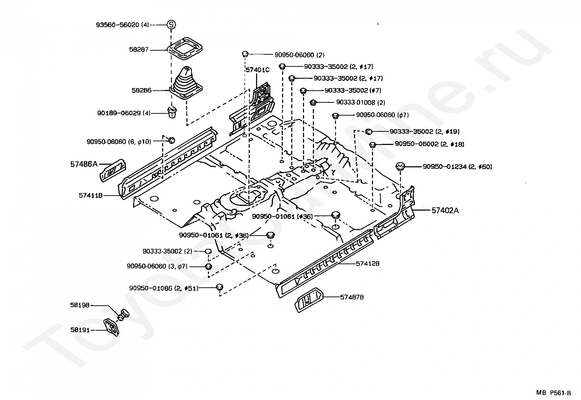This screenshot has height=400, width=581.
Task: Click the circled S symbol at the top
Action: click(x=171, y=25)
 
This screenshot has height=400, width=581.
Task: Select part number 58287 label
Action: click(x=139, y=49)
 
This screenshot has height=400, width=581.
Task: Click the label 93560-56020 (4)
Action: click(x=123, y=25)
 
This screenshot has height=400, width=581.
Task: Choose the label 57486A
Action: click(x=84, y=164)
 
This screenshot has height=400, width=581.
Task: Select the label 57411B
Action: click(x=90, y=196)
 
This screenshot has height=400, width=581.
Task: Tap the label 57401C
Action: click(x=257, y=70)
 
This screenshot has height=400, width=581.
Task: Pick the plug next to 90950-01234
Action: click(x=400, y=167)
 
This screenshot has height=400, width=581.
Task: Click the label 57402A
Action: click(x=445, y=210)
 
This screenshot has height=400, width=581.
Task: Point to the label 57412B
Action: click(x=368, y=263)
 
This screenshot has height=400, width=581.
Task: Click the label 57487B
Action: click(x=352, y=297)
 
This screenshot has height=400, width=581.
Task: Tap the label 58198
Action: click(x=80, y=305)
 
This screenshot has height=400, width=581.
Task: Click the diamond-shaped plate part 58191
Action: click(x=112, y=327)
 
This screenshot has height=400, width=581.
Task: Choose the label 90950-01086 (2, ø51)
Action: click(x=164, y=288)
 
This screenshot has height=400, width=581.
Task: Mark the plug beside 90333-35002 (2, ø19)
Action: click(x=369, y=131)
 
